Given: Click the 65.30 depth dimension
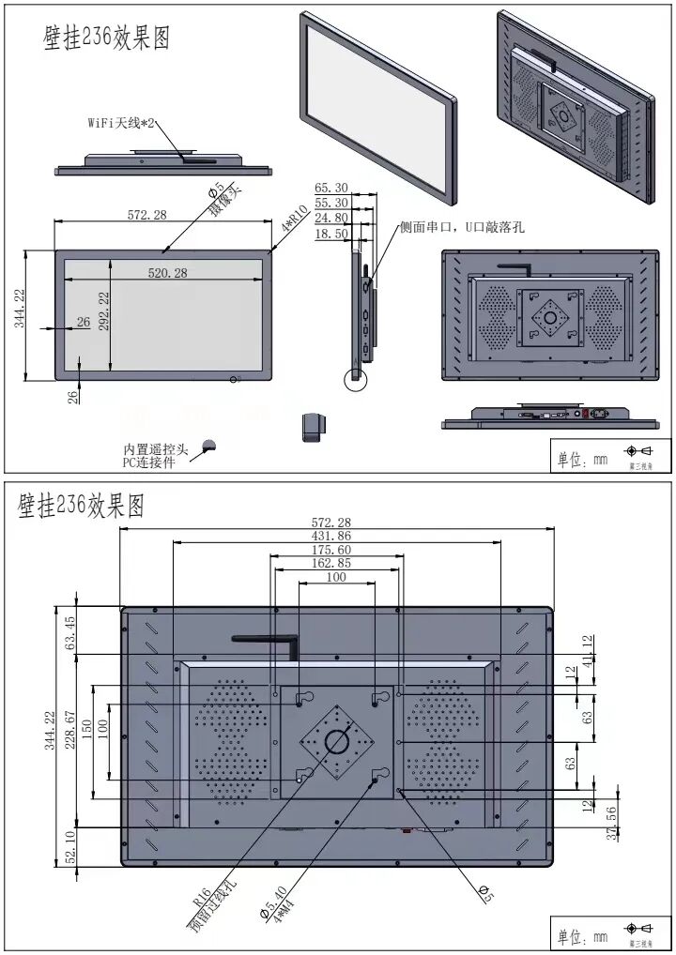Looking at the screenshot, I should [x=330, y=188].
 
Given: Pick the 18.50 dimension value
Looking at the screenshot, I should [x=330, y=234].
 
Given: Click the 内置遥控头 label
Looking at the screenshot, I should [x=156, y=449].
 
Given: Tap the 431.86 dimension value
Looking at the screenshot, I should [x=335, y=535].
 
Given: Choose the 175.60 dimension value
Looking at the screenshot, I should [x=335, y=549].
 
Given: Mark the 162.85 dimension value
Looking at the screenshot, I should [x=335, y=563].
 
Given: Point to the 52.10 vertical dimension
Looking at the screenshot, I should [x=69, y=847].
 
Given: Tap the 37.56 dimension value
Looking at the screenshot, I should [x=612, y=822].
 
